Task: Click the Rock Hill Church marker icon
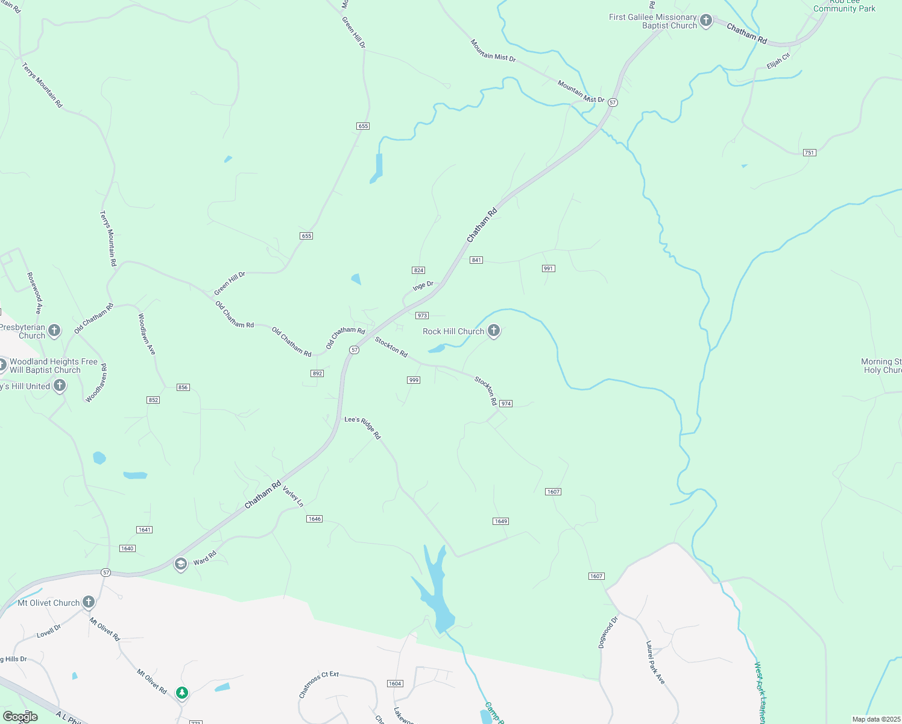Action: point(494,330)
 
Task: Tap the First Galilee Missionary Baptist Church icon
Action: point(706,21)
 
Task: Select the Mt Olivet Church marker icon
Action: point(89,602)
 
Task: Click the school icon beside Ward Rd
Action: point(180,564)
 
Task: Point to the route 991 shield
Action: point(548,268)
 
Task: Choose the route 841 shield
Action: point(476,260)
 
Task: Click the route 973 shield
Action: point(421,316)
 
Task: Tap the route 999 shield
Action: point(414,380)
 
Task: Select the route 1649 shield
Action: point(500,521)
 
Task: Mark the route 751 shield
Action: point(809,153)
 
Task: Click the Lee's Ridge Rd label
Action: point(363,427)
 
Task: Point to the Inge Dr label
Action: point(423,286)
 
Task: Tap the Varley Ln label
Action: point(293,496)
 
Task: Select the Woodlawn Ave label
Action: point(147,334)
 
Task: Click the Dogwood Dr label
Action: point(608,632)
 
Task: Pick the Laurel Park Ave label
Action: point(655,662)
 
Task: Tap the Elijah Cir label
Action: point(778,61)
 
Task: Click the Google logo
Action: point(20,717)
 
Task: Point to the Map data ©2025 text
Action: point(876,719)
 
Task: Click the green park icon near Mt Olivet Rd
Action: point(182,693)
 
